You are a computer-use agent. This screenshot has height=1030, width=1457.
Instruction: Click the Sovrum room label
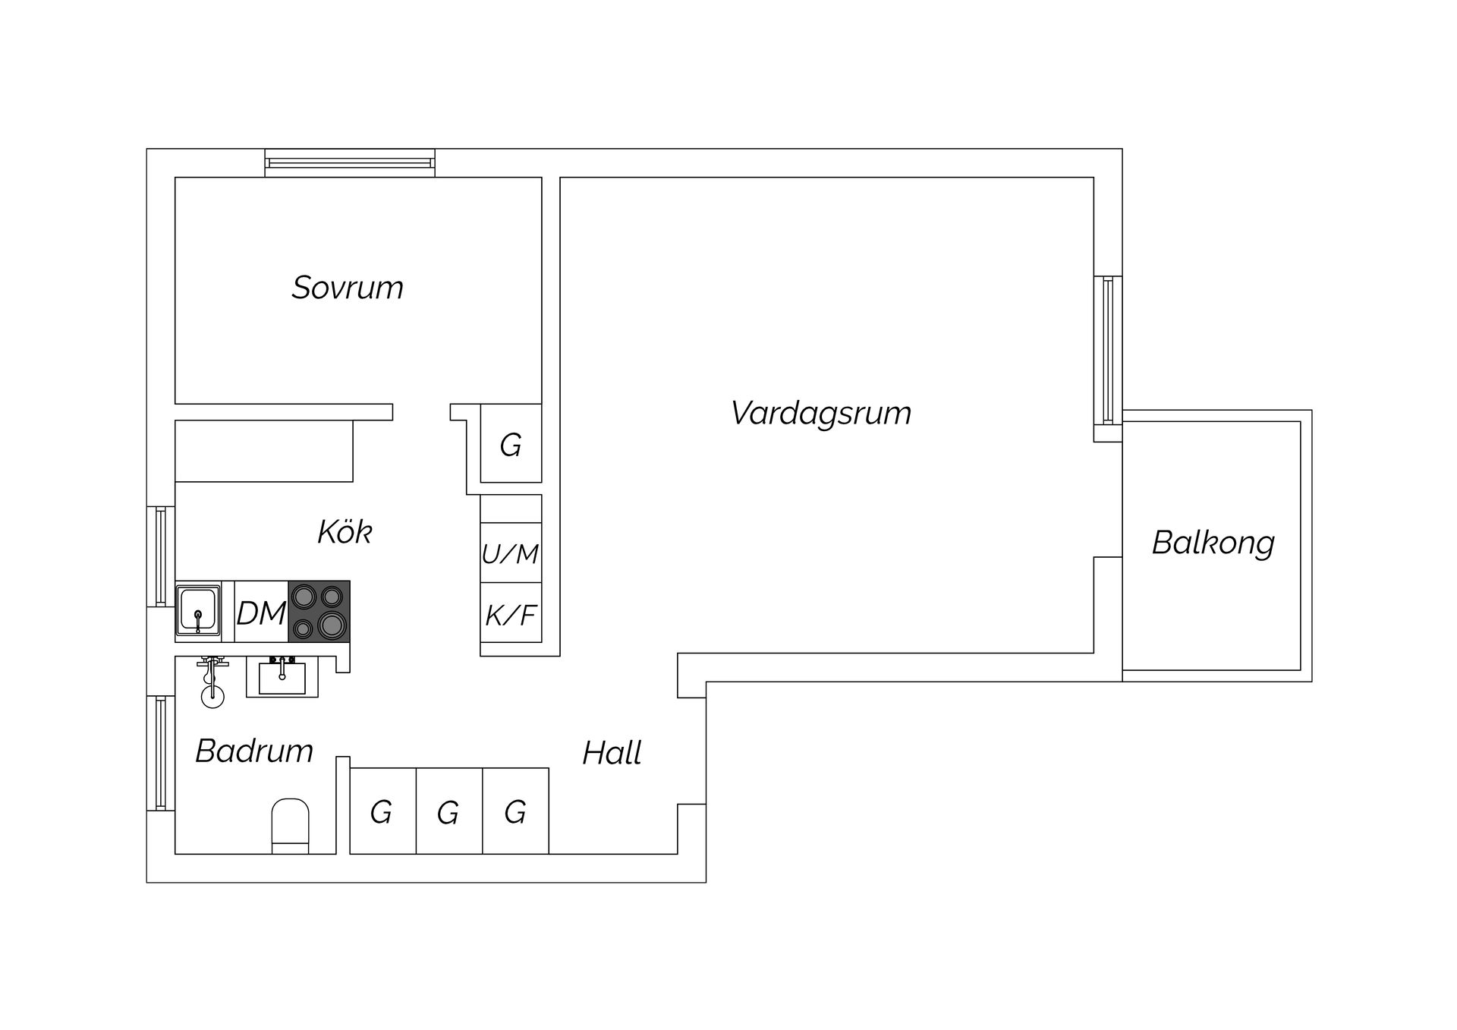click(x=348, y=288)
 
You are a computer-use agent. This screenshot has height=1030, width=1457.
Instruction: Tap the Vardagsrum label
click(x=821, y=414)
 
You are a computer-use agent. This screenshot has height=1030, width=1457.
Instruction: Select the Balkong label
click(x=1213, y=543)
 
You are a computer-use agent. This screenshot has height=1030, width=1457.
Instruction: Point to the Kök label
click(x=345, y=531)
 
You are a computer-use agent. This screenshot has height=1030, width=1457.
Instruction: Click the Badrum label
click(x=254, y=751)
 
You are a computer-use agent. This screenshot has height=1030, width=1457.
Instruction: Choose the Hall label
click(x=612, y=753)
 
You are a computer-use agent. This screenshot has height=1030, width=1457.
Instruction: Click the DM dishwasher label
click(x=261, y=613)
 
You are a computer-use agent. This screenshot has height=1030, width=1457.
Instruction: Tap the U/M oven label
click(x=510, y=554)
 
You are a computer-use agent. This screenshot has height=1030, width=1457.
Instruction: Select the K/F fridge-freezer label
click(x=511, y=615)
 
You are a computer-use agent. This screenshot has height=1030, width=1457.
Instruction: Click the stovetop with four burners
click(x=319, y=612)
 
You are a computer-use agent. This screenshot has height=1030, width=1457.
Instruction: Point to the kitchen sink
click(x=198, y=611)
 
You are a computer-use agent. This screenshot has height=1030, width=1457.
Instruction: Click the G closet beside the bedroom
click(x=511, y=443)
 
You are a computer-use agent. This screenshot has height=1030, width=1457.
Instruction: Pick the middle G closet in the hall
click(x=448, y=811)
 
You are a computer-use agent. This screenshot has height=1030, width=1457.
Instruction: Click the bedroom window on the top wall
click(x=350, y=163)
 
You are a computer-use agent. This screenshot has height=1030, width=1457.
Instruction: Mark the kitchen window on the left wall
click(x=161, y=556)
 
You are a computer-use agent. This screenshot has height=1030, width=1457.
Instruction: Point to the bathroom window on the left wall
click(x=161, y=753)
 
